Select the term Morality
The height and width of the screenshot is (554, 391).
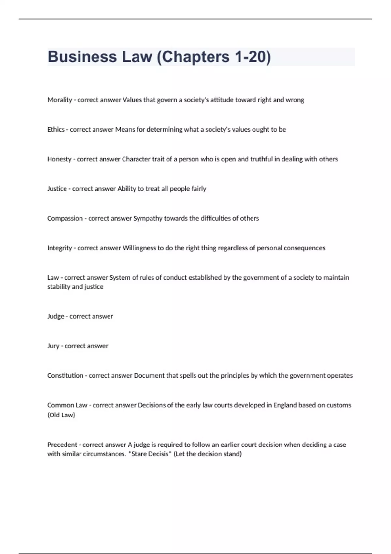[x=60, y=100]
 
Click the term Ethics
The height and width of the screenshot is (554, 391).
[x=56, y=130]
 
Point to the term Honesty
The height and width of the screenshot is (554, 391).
[x=59, y=159]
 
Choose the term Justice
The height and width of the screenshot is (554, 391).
[x=57, y=189]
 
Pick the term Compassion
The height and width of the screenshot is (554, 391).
[x=65, y=218]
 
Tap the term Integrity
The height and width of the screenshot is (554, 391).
[x=59, y=248]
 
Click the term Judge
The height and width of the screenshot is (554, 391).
[x=56, y=316]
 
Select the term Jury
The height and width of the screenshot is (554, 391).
[x=53, y=346]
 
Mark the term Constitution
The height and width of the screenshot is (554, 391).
[x=65, y=376]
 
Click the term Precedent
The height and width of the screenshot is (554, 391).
[x=62, y=445]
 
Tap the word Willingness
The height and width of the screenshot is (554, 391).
[x=139, y=248]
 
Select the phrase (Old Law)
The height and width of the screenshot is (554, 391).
[x=61, y=415]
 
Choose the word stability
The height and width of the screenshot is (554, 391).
[x=59, y=287]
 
